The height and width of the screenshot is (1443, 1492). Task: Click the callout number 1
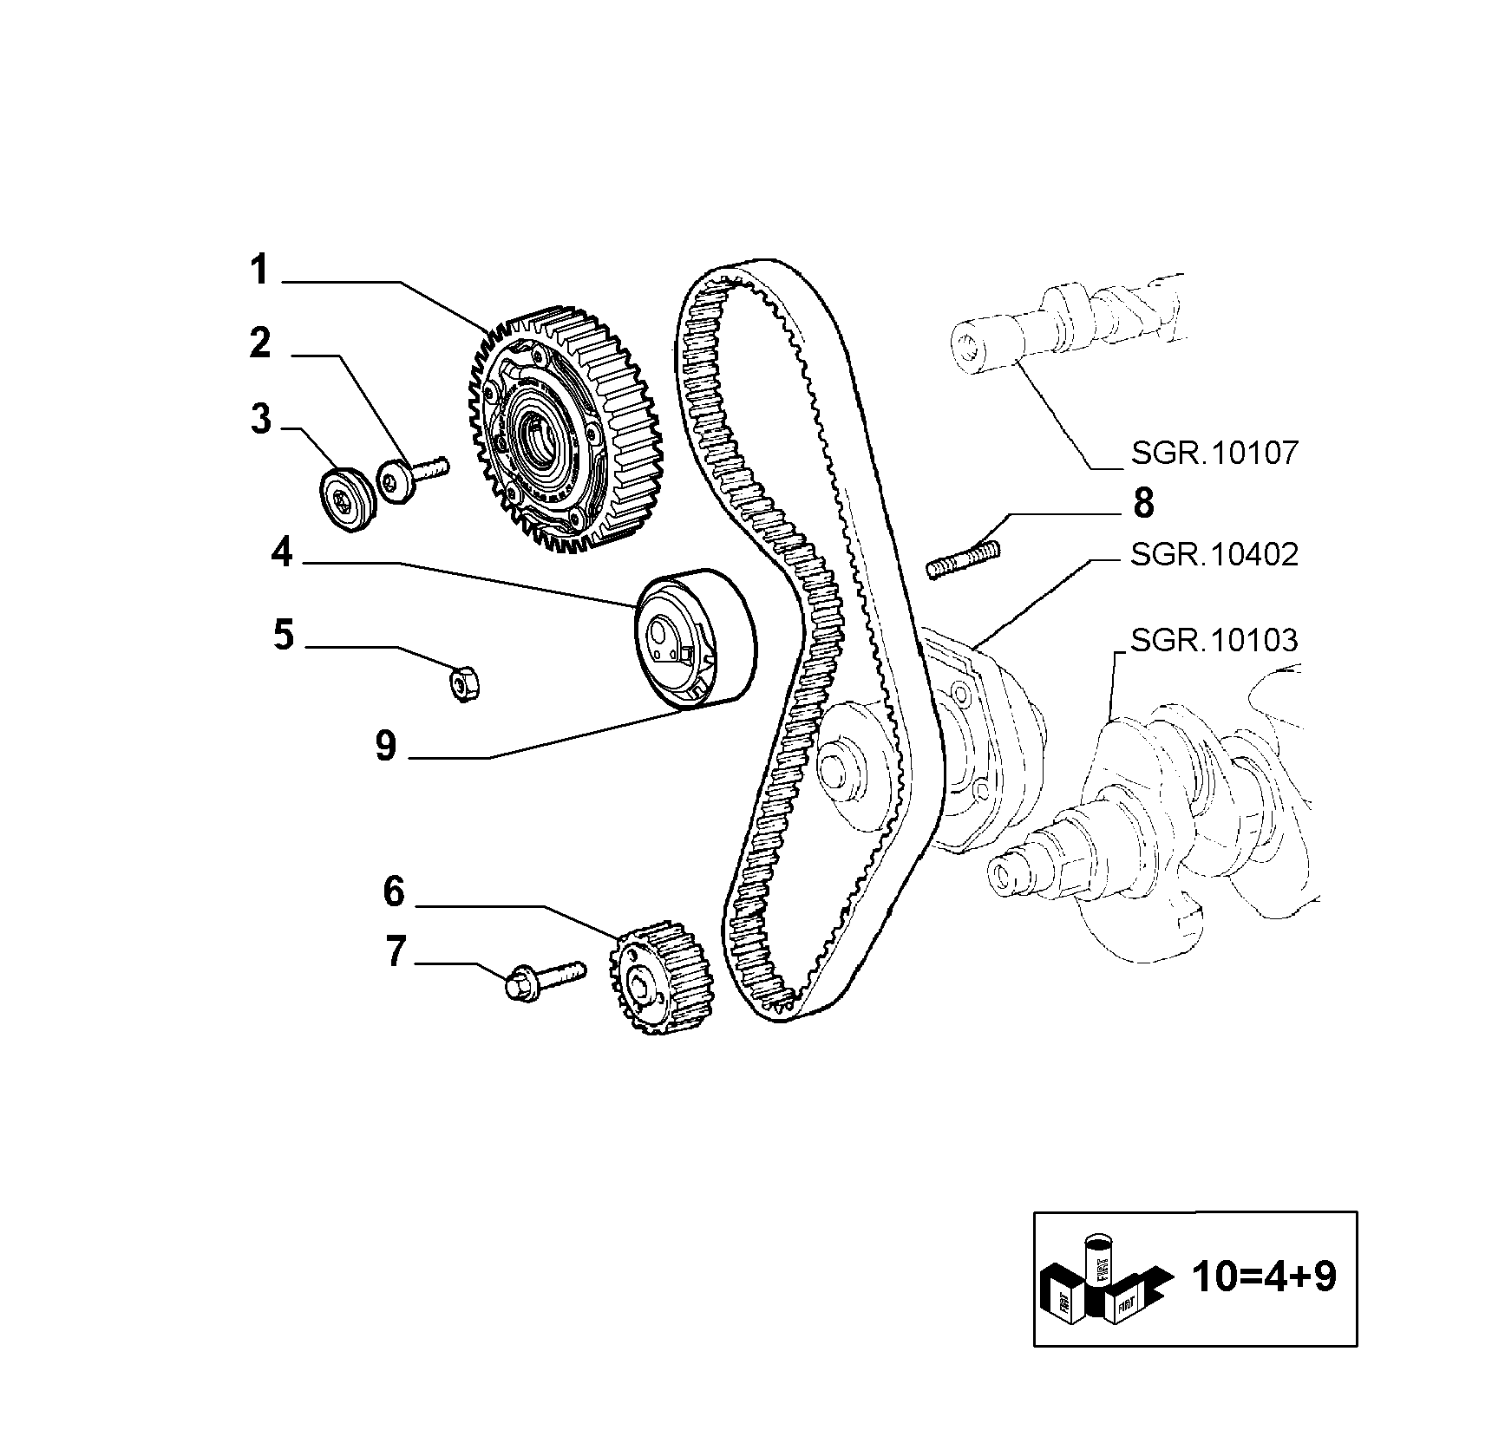click(x=260, y=270)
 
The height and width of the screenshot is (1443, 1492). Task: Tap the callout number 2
click(x=260, y=343)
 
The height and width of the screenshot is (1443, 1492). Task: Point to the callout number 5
click(x=284, y=635)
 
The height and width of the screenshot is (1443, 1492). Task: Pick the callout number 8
click(x=1144, y=503)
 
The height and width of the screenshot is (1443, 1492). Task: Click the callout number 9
click(x=386, y=745)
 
